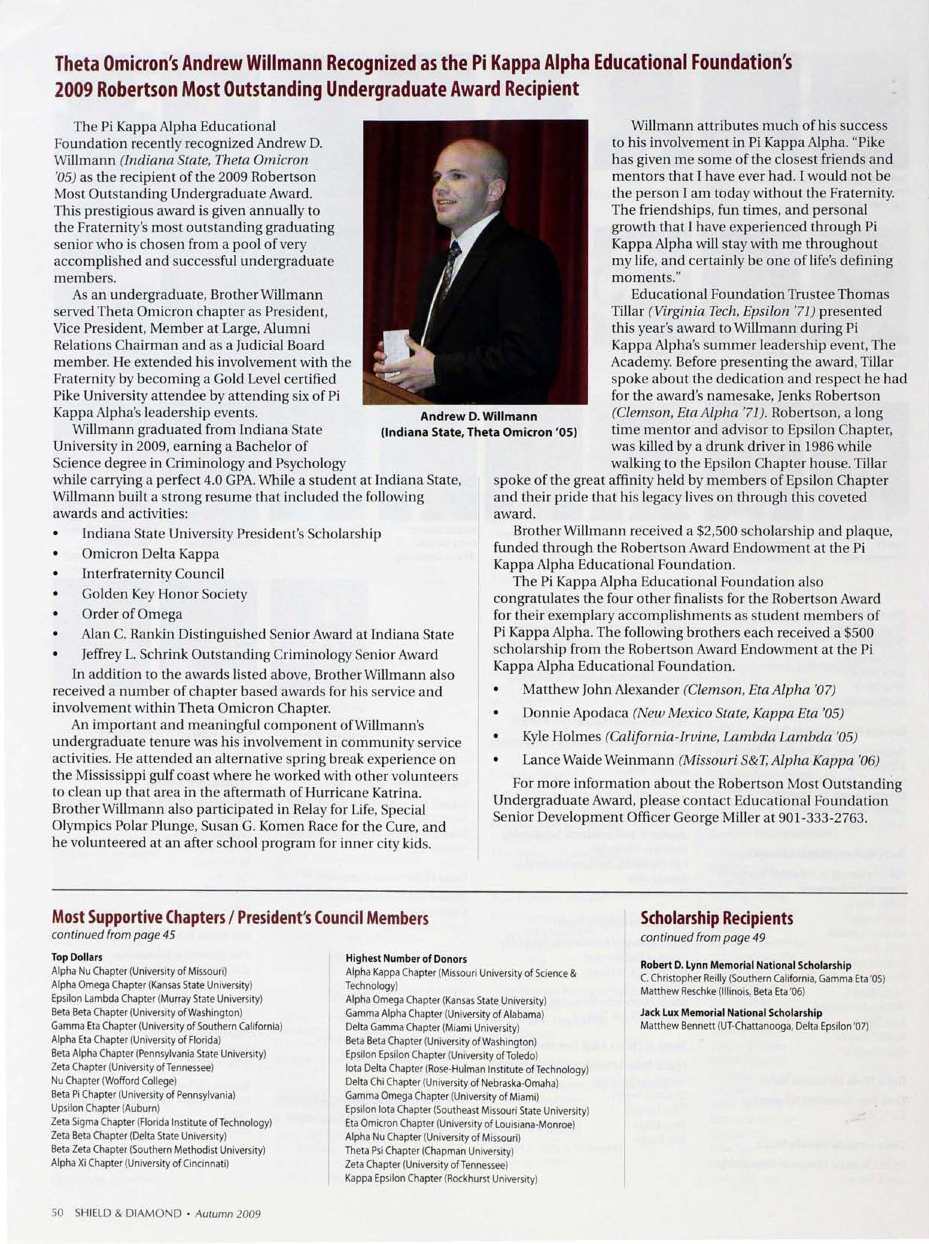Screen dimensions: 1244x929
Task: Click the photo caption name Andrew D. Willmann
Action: (x=479, y=416)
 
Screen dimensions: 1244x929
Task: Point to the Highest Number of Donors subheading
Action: (x=406, y=958)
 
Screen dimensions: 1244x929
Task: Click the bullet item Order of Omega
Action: (x=132, y=614)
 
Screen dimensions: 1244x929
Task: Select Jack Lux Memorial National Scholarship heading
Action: (x=731, y=1012)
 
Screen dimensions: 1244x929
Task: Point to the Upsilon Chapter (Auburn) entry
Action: (x=105, y=1108)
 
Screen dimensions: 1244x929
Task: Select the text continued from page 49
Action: (x=702, y=938)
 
